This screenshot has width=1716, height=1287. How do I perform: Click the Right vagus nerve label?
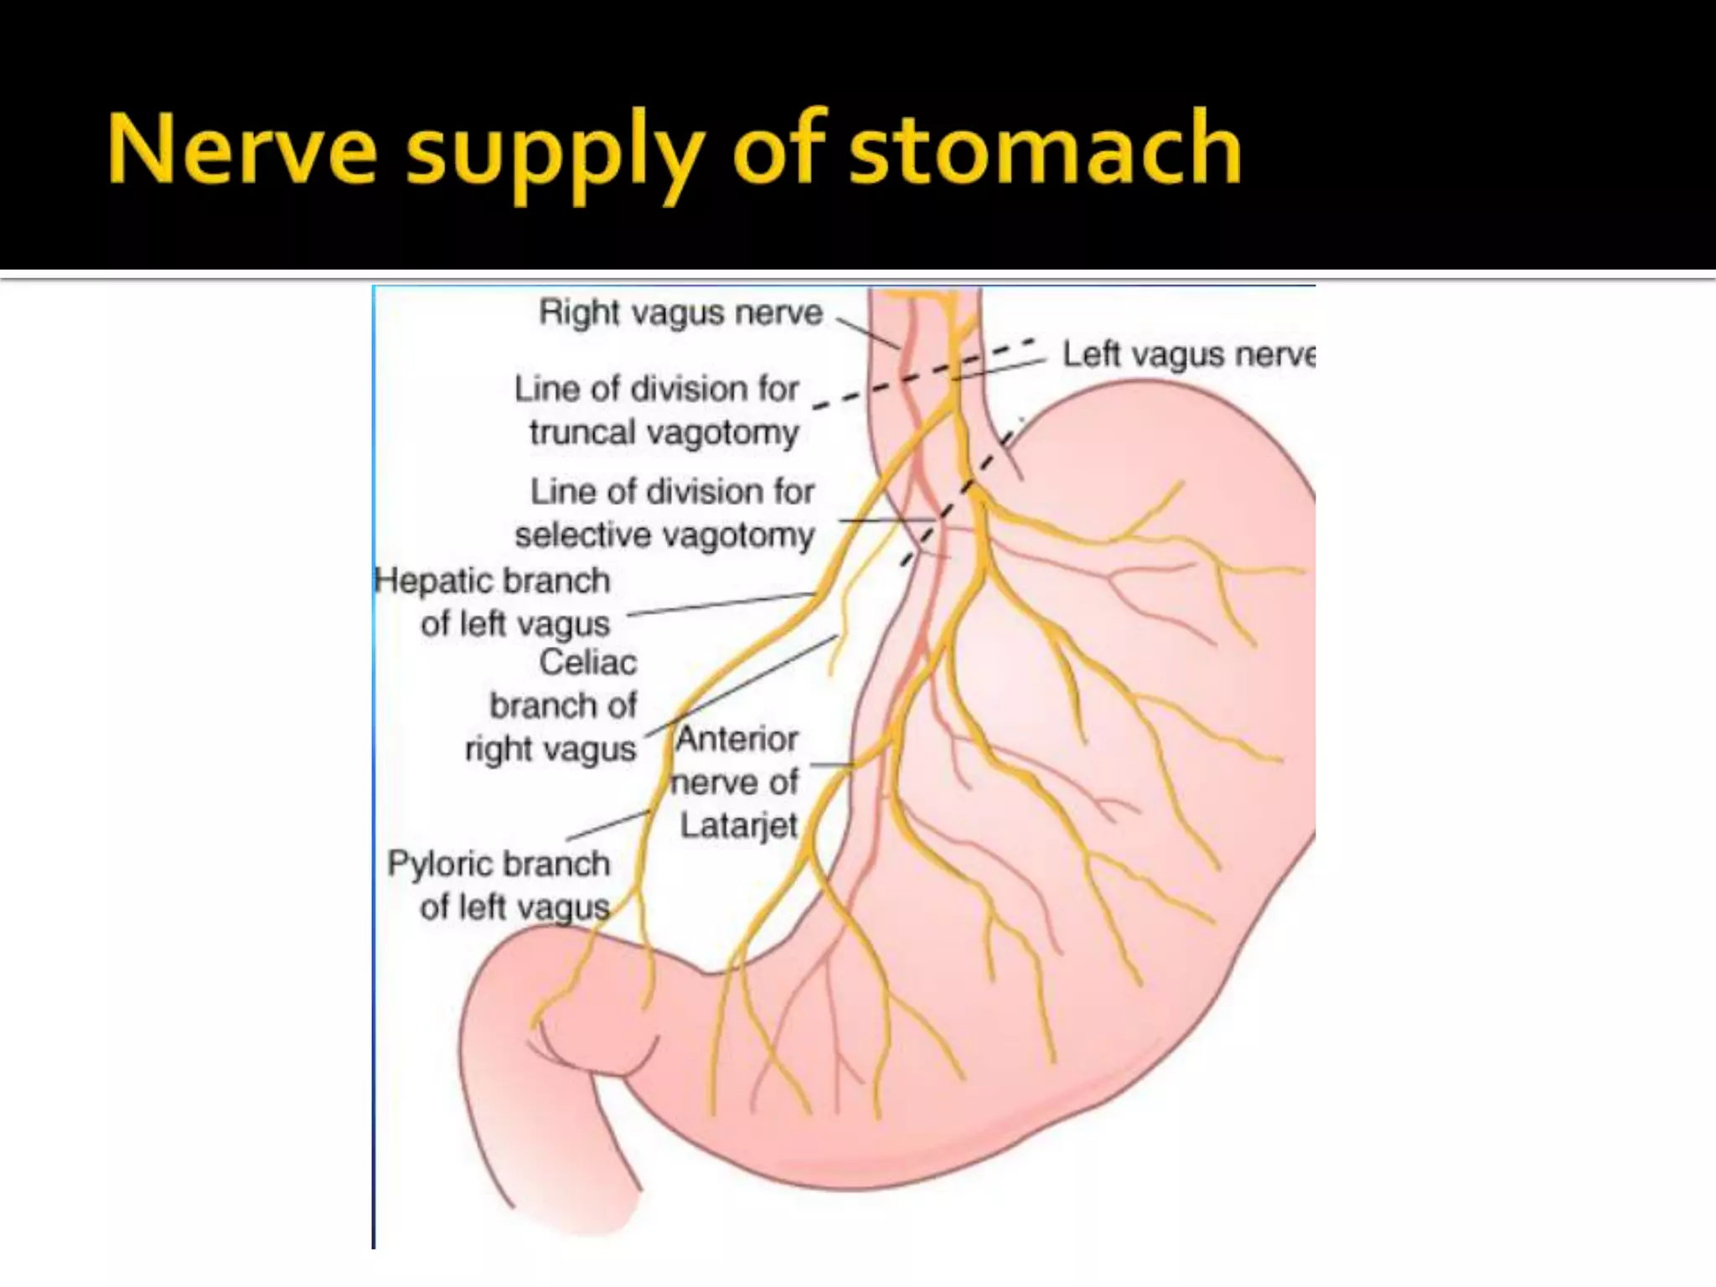pos(680,313)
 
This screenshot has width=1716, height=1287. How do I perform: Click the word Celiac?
pos(587,662)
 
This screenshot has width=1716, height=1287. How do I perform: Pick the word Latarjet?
pos(738,825)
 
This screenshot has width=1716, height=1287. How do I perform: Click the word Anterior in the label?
pos(737,739)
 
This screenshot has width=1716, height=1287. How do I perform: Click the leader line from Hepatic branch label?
pos(721,603)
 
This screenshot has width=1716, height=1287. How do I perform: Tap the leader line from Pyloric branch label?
pos(607,825)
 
